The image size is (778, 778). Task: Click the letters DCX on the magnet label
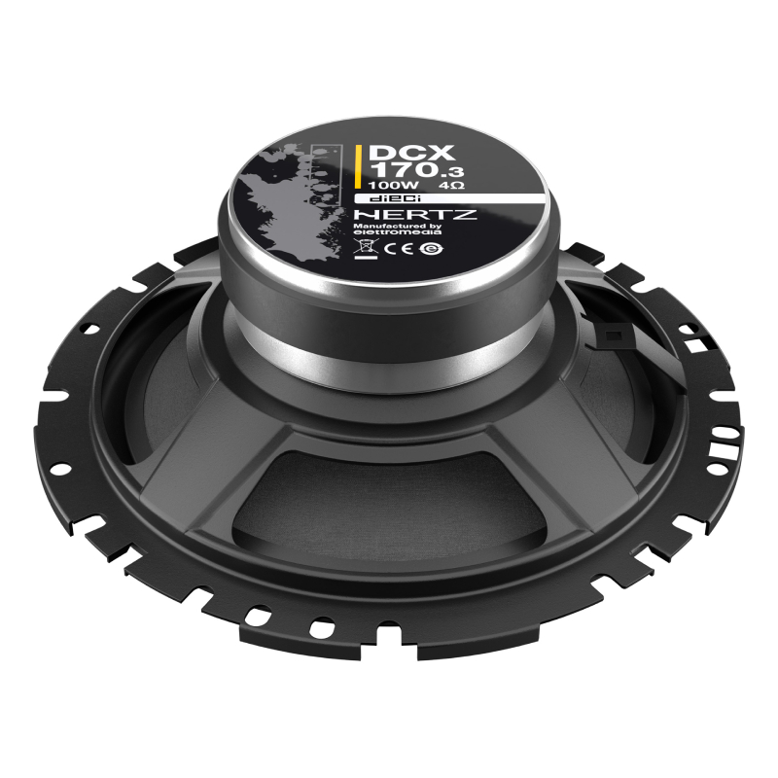[x=411, y=153]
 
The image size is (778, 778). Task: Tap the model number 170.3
[x=417, y=170]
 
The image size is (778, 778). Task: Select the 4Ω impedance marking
[x=451, y=186]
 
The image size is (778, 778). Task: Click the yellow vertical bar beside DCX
[x=358, y=166]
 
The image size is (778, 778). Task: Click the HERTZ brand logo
[x=415, y=214]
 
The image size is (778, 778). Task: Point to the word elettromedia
[x=397, y=232]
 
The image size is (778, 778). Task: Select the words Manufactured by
[x=397, y=227]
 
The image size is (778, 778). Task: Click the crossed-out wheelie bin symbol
[x=366, y=245]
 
